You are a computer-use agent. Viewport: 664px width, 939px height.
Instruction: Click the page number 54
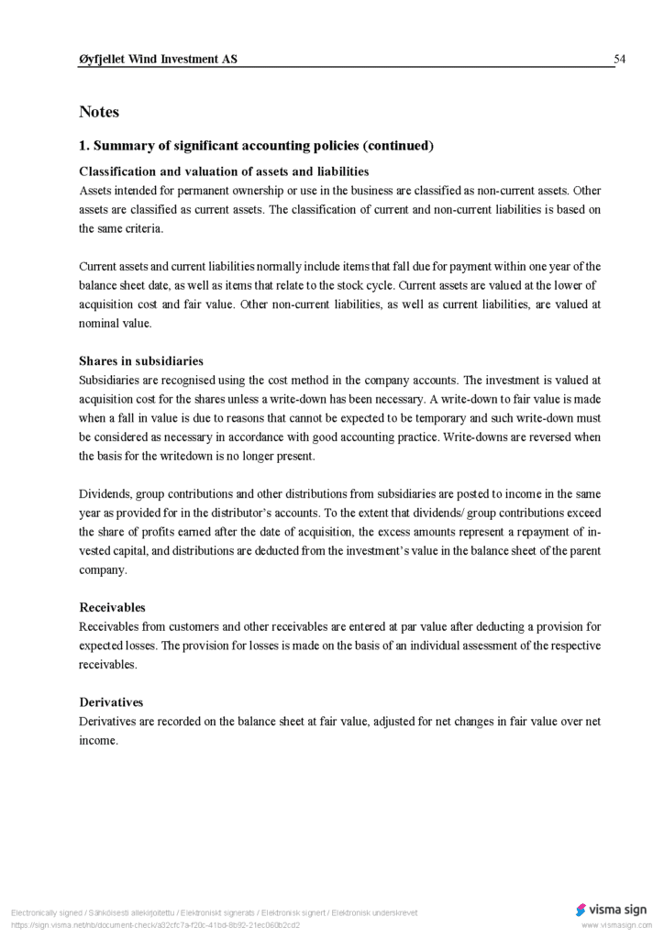(x=619, y=60)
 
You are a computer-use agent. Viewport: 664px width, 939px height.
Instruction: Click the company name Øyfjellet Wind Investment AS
(x=158, y=60)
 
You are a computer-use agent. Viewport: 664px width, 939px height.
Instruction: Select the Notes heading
(x=99, y=112)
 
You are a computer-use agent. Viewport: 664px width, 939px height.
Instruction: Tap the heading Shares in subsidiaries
(x=141, y=361)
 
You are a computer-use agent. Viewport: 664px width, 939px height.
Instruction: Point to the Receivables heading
(x=112, y=607)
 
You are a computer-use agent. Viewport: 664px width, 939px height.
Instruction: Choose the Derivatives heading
(x=111, y=702)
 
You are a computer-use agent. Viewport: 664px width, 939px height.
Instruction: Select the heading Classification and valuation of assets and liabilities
(x=224, y=171)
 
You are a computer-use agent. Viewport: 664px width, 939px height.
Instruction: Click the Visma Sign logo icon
(x=581, y=910)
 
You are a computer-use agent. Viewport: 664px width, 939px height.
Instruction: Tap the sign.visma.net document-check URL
(x=155, y=925)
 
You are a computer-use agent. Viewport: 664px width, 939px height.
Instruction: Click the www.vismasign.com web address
(x=616, y=925)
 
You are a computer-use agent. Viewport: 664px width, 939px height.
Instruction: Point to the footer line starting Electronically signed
(x=214, y=913)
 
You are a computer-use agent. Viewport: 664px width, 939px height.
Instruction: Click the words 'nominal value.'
(x=116, y=323)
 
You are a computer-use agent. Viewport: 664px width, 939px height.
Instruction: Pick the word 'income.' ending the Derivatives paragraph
(x=98, y=741)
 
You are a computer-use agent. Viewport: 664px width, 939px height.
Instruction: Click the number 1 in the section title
(x=83, y=146)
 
